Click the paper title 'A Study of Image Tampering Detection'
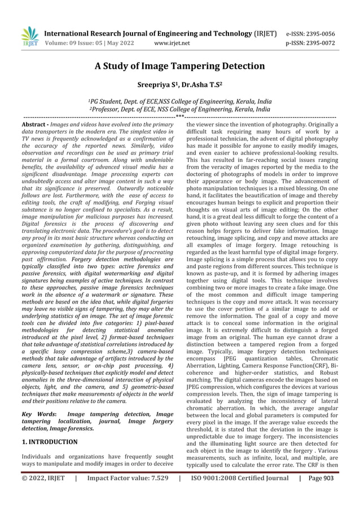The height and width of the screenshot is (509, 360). pos(179,66)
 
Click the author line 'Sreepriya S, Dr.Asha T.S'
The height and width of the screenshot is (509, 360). pos(179,86)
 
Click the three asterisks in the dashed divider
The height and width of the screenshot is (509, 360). pos(179,116)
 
